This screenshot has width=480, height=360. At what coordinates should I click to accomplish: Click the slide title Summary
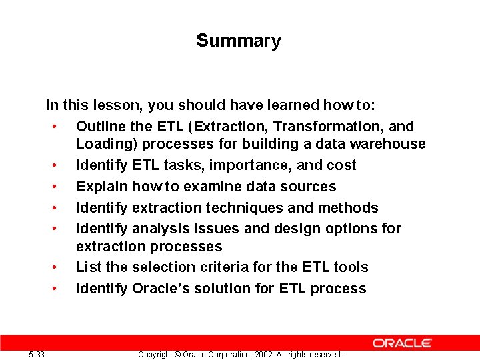pos(239,41)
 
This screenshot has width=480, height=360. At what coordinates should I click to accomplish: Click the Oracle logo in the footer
pos(402,343)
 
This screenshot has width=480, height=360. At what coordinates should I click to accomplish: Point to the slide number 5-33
pos(37,354)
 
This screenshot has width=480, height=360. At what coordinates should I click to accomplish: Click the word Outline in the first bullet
pos(102,126)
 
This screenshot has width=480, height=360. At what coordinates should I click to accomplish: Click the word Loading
pos(105,144)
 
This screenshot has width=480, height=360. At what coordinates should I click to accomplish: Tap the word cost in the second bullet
pos(341,165)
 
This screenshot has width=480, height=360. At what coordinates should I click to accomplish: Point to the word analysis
pos(159,229)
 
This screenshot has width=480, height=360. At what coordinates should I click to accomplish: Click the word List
pos(88,267)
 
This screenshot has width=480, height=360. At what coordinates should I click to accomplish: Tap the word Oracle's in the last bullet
pos(159,289)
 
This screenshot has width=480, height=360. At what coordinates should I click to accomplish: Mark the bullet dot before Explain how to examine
pos(61,187)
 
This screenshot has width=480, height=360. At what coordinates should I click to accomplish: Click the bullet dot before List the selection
pos(61,268)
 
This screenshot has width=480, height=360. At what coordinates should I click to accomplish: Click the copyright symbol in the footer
pos(177,354)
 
